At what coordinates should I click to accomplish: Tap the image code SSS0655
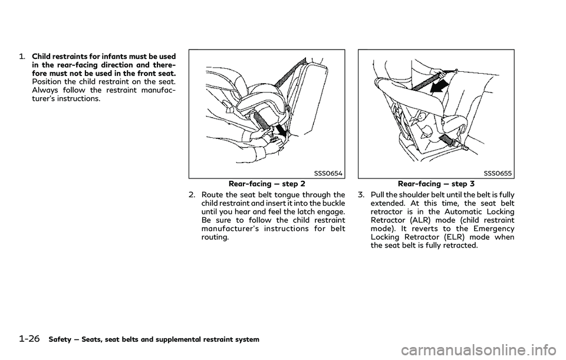[498, 173]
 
